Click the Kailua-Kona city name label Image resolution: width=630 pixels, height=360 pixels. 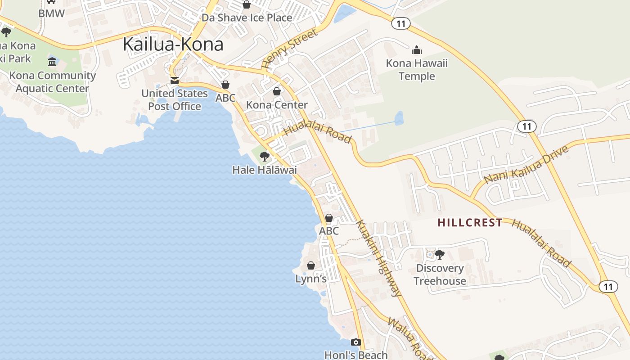(173, 44)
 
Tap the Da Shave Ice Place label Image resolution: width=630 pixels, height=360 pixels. (247, 18)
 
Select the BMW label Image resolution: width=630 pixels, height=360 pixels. (51, 13)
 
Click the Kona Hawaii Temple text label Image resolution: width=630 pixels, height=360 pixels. (417, 70)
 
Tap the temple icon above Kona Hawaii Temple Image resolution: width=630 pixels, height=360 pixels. (417, 50)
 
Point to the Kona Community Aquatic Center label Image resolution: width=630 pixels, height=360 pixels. (53, 82)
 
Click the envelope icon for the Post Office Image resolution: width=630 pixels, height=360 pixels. (174, 81)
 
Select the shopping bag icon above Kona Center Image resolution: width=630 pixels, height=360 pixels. (277, 91)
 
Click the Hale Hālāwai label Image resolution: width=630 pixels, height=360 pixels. (265, 170)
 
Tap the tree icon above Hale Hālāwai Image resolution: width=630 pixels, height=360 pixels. (265, 157)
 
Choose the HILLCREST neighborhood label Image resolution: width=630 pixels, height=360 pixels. (470, 222)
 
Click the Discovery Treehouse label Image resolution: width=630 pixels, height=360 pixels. (440, 274)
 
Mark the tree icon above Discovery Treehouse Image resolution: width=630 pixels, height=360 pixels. (440, 255)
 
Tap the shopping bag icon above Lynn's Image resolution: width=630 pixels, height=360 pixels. (310, 265)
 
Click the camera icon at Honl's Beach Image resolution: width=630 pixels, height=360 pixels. (355, 342)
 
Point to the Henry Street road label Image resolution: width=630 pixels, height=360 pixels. (289, 49)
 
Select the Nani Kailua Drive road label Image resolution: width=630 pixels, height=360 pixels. (526, 164)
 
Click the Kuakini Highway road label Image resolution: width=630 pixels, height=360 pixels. (378, 258)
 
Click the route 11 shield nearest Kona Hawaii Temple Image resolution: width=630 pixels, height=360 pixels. (400, 23)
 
